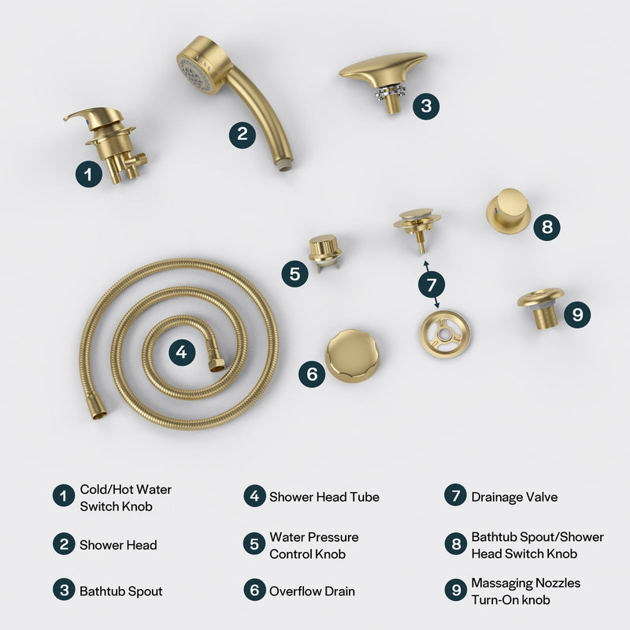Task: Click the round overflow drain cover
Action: click(x=352, y=355)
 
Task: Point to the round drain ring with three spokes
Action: click(x=444, y=335)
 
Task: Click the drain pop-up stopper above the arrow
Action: click(x=417, y=224)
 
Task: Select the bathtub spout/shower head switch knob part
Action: click(x=508, y=209)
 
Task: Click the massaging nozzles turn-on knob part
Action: click(x=541, y=307)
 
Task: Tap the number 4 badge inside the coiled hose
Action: click(x=182, y=353)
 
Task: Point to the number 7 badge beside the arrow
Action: click(x=431, y=284)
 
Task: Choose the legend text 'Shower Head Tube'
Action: click(x=324, y=497)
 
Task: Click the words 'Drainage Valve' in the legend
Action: click(x=514, y=497)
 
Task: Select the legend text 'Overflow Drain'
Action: click(x=312, y=591)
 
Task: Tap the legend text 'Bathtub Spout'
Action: click(x=120, y=591)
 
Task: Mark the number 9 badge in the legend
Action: click(x=455, y=591)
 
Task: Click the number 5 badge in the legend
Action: click(x=254, y=544)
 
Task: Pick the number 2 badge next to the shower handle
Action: click(x=243, y=134)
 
